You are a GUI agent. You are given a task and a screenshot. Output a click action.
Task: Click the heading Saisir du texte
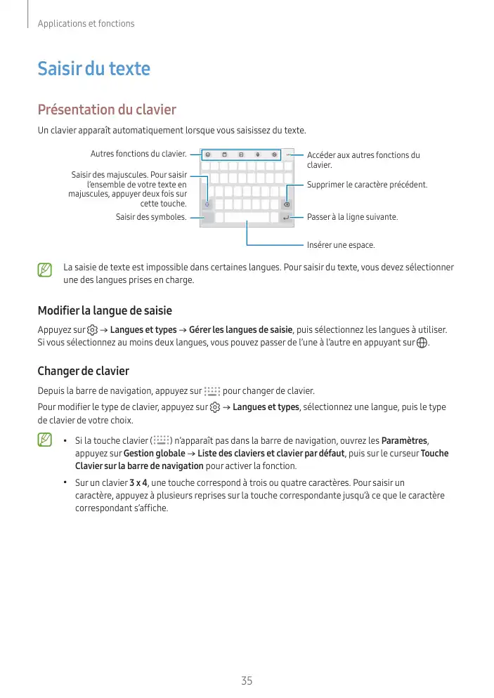pos(93,69)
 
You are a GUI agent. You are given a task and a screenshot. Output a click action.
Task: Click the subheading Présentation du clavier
pos(106,110)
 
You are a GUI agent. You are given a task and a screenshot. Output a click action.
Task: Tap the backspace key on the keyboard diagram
pos(287,204)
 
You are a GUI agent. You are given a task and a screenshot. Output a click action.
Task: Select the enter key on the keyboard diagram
pos(286,218)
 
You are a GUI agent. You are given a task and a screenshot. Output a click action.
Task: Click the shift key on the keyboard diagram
pos(207,204)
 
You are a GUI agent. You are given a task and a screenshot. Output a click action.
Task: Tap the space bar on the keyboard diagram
pos(247,218)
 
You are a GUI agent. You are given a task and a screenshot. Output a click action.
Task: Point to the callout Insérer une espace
pos(341,245)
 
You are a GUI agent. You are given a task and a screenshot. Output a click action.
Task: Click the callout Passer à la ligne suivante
pos(352,217)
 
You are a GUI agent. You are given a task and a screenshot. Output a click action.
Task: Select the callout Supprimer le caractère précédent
pos(367,185)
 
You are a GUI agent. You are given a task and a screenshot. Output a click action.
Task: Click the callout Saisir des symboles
pos(151,217)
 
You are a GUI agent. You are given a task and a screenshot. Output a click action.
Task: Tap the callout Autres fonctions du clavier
pos(138,154)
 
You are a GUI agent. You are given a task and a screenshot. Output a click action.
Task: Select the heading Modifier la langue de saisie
pos(105,310)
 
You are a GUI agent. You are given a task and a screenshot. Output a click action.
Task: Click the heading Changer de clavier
pos(83,371)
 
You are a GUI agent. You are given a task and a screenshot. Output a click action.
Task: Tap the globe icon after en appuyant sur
pos(422,343)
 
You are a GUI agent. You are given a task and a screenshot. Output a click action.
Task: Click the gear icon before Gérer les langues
pos(92,330)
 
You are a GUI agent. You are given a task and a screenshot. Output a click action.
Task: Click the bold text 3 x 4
pos(138,484)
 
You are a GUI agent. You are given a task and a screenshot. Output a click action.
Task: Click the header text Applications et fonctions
pos(86,24)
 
